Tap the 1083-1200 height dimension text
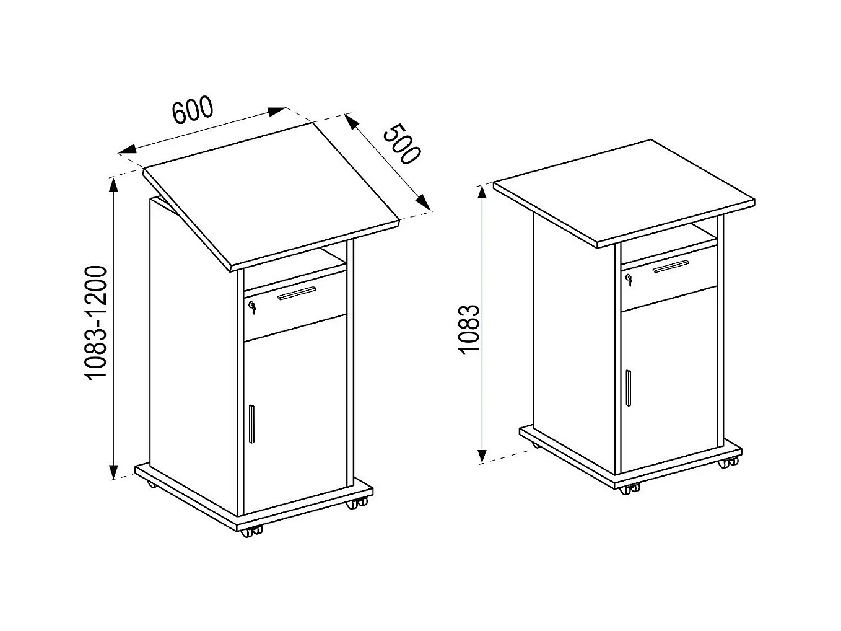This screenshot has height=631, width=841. pyautogui.click(x=96, y=322)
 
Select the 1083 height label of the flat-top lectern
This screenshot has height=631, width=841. pyautogui.click(x=469, y=329)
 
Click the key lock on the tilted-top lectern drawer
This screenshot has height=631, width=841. pyautogui.click(x=252, y=307)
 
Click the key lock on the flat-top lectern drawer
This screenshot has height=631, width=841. pyautogui.click(x=629, y=280)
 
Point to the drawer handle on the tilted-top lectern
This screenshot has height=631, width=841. pyautogui.click(x=297, y=293)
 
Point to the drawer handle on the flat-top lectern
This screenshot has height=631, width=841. pyautogui.click(x=671, y=267)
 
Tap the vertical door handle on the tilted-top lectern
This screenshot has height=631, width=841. pyautogui.click(x=251, y=423)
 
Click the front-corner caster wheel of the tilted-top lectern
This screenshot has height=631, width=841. pyautogui.click(x=251, y=532)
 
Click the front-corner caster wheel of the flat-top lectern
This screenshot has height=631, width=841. pyautogui.click(x=630, y=489)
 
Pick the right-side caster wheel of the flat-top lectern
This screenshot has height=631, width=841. pyautogui.click(x=728, y=462)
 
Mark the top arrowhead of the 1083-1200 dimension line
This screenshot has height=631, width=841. pyautogui.click(x=113, y=185)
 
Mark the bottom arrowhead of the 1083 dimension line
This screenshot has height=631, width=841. pyautogui.click(x=482, y=456)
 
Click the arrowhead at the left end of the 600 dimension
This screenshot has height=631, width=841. pyautogui.click(x=127, y=149)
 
